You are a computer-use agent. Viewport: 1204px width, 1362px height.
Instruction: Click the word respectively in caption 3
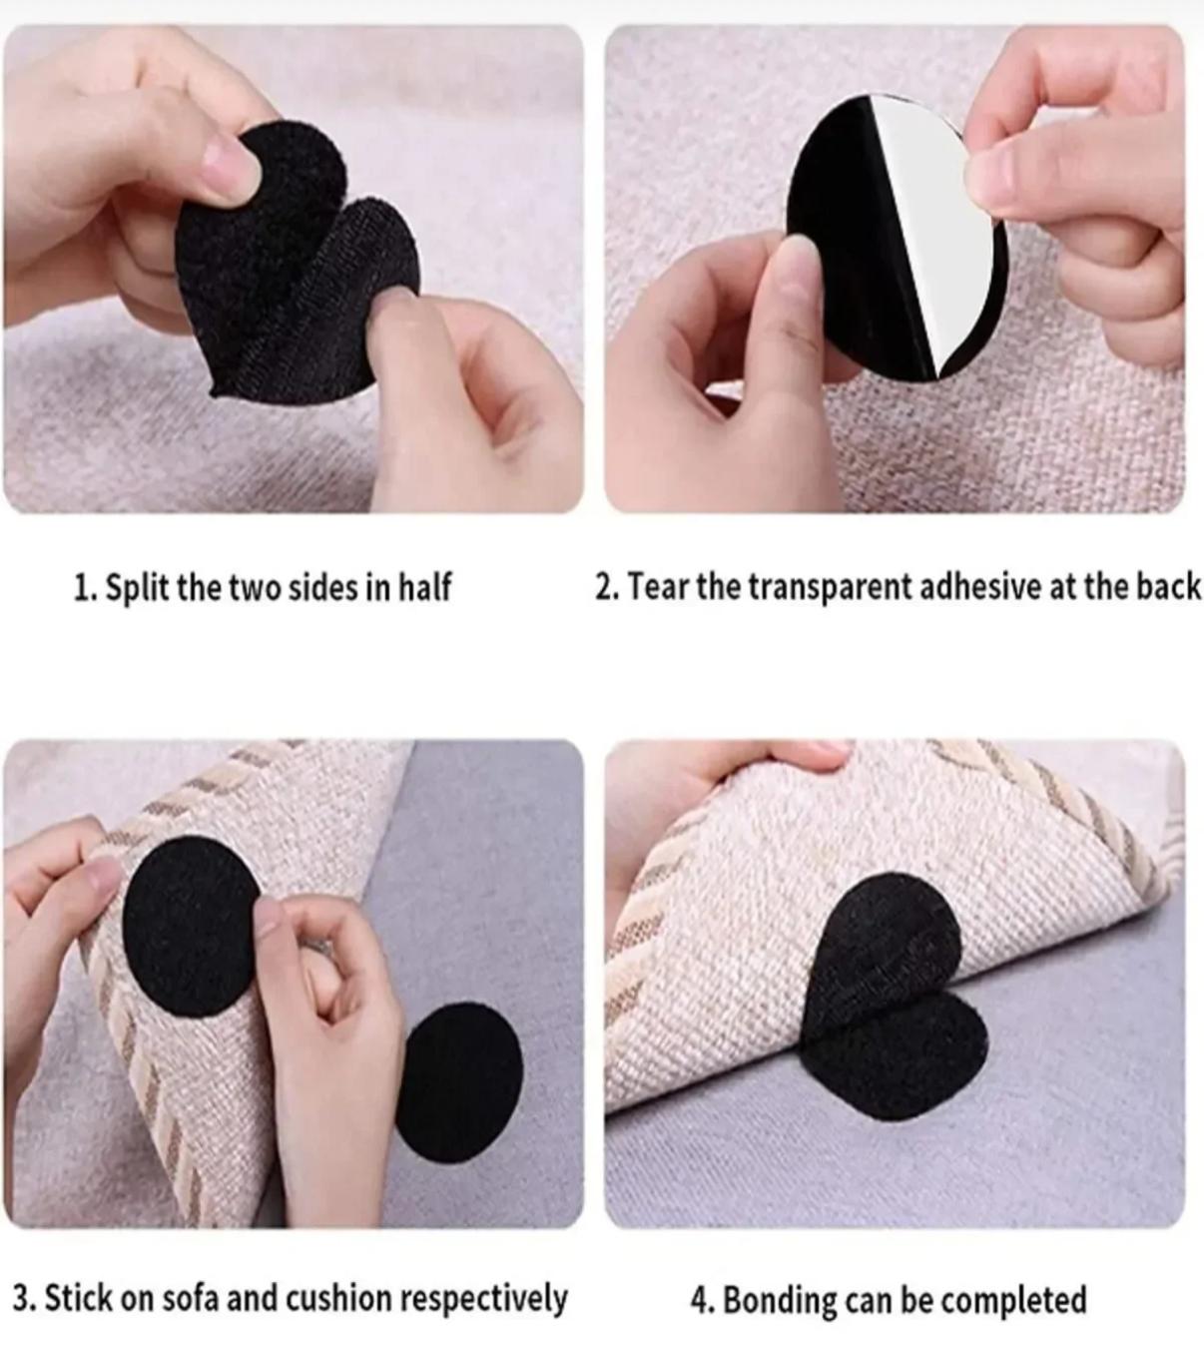point(484,1299)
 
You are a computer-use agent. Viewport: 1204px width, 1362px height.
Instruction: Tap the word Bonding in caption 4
point(779,1300)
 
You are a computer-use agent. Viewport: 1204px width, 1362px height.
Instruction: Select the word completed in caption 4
point(1013,1299)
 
